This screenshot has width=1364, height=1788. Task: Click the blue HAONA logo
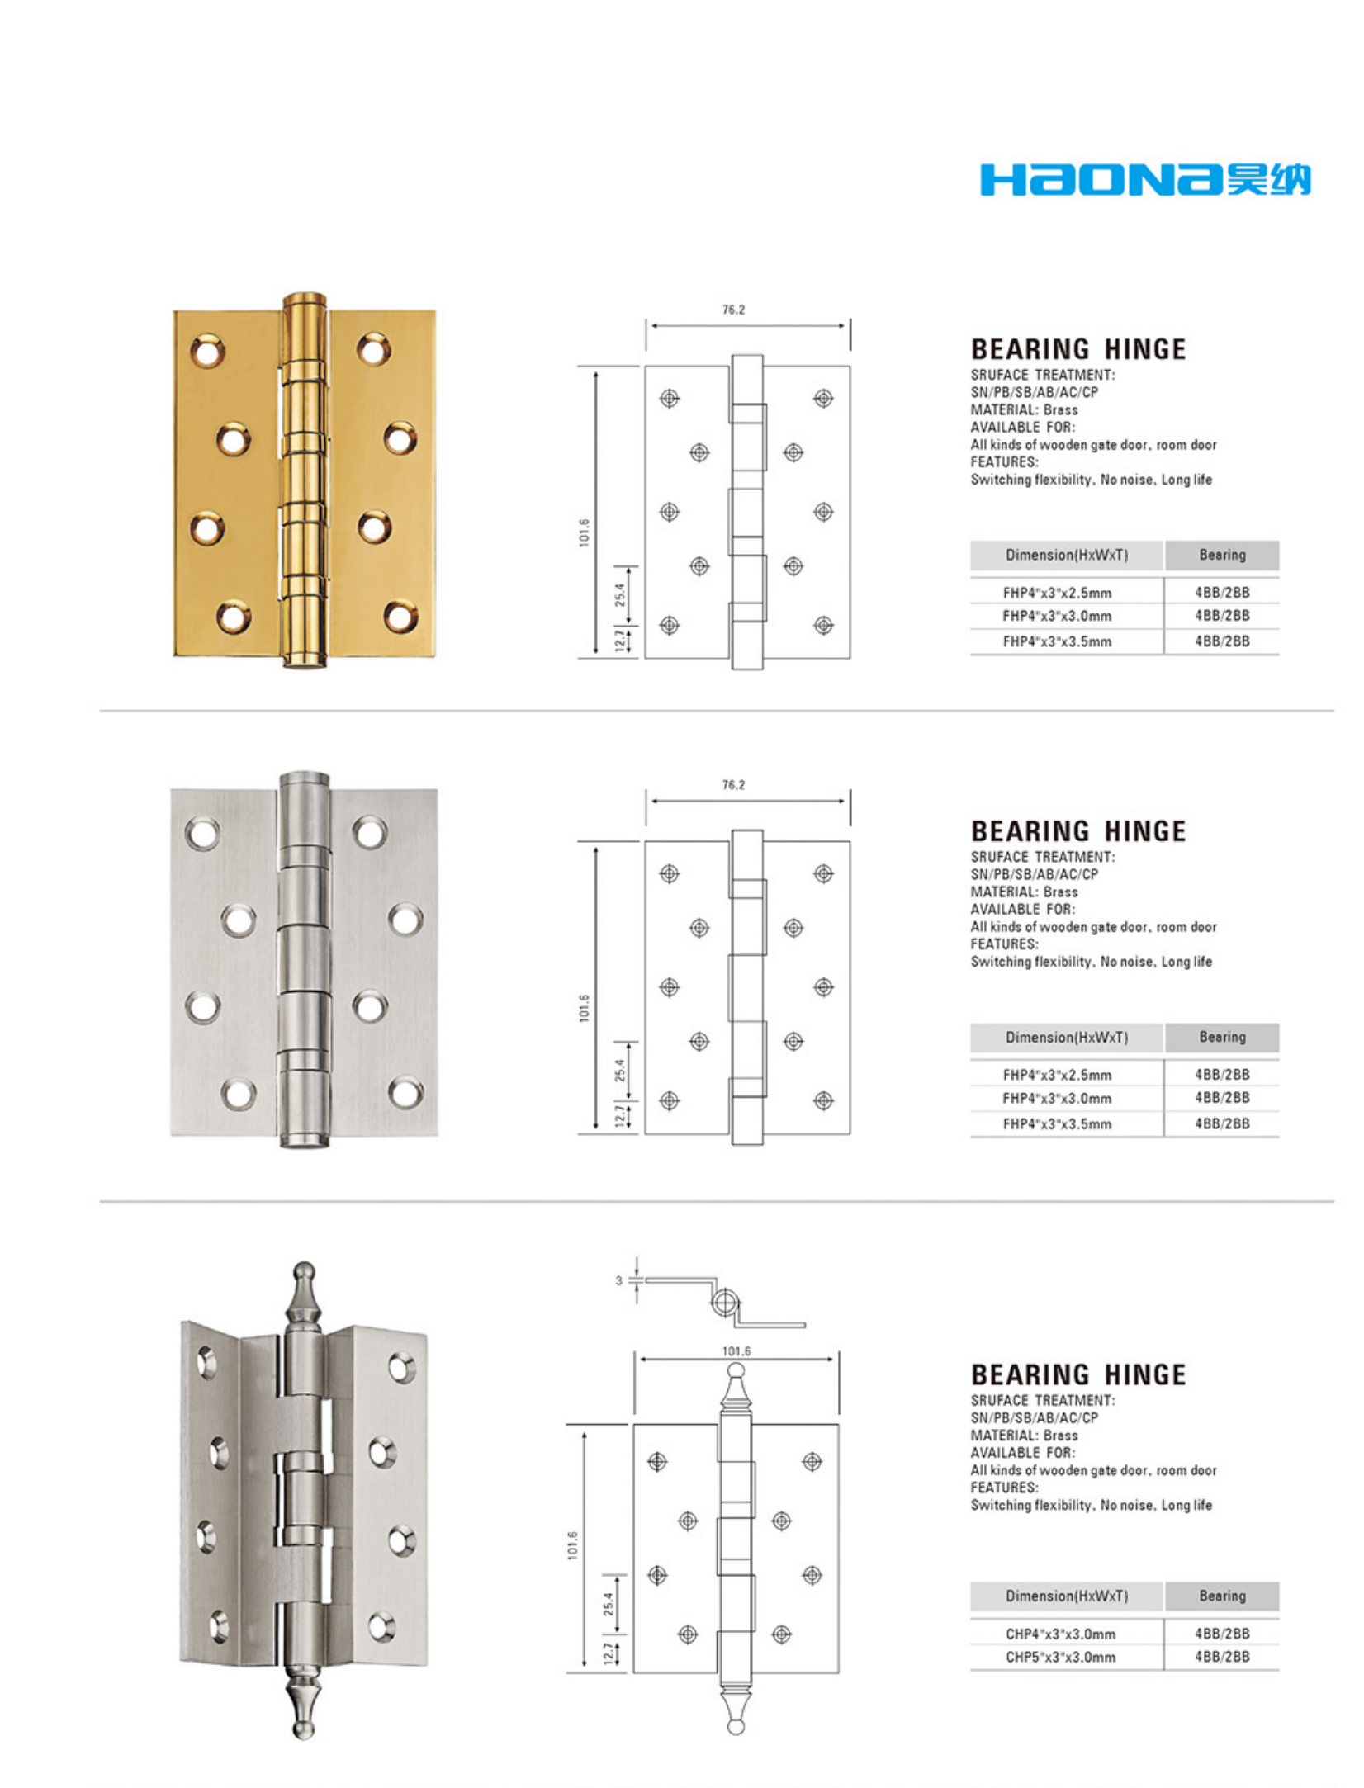1144,180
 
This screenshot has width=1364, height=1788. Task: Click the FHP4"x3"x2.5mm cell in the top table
1057,593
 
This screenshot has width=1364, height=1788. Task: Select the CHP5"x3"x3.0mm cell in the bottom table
1060,1657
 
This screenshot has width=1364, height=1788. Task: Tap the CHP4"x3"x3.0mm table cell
1060,1634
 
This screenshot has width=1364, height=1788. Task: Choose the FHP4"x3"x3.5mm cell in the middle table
1057,1123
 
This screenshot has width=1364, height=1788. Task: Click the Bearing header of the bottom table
1222,1596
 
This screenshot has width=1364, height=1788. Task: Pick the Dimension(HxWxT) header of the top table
1066,555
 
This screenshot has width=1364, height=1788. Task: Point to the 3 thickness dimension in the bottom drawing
618,1281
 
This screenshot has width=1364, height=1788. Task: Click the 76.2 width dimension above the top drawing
733,310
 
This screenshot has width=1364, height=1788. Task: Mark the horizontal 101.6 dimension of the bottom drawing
736,1351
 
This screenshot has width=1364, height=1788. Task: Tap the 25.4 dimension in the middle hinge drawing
620,1070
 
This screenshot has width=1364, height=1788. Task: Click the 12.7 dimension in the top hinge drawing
620,641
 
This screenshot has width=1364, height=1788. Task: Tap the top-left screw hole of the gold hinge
207,350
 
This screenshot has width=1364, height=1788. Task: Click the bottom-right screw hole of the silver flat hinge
405,1092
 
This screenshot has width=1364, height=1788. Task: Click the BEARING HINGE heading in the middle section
1077,830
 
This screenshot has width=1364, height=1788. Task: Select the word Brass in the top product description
1060,409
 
